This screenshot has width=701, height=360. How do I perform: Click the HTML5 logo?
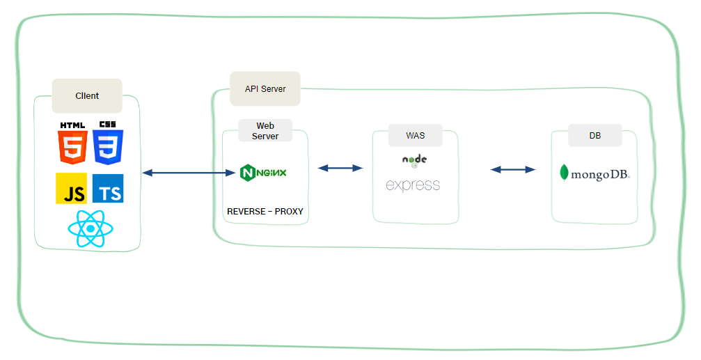click(72, 143)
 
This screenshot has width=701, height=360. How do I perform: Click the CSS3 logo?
click(108, 143)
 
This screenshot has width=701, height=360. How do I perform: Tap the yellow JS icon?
click(72, 188)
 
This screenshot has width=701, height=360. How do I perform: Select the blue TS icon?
click(108, 188)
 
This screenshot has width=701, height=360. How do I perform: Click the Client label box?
click(87, 96)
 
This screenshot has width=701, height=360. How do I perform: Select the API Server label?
click(265, 89)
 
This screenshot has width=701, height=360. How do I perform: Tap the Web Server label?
click(265, 131)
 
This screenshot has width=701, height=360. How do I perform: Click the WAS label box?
click(415, 135)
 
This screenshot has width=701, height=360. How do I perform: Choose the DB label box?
click(594, 136)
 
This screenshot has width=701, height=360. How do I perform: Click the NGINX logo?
click(262, 173)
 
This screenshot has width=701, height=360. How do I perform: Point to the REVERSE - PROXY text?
click(265, 211)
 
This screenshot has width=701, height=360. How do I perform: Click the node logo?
click(414, 160)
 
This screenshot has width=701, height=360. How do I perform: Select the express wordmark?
click(413, 185)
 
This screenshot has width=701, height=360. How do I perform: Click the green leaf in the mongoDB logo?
click(565, 173)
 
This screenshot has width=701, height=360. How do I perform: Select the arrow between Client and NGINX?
click(188, 173)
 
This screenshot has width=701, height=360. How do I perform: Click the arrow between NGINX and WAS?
click(340, 168)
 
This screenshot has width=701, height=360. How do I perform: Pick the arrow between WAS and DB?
click(513, 169)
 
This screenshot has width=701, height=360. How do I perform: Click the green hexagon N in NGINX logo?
click(246, 173)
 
